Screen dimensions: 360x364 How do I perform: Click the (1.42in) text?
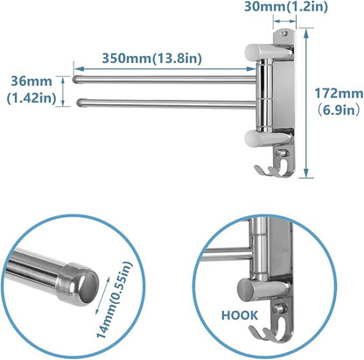click(32, 98)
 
